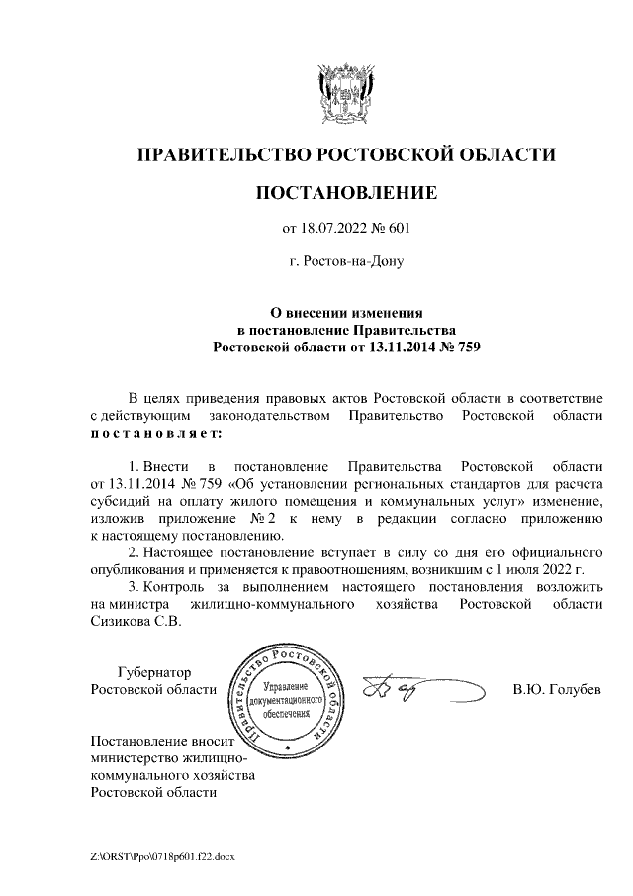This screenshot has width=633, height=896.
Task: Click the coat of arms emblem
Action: [345, 93]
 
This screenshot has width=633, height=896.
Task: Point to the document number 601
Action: [397, 229]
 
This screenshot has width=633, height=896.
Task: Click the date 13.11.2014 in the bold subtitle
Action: [389, 347]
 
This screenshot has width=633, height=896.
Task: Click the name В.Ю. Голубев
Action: [556, 689]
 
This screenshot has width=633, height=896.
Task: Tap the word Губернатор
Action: [152, 671]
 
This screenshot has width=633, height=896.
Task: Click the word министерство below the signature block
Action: [143, 758]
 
